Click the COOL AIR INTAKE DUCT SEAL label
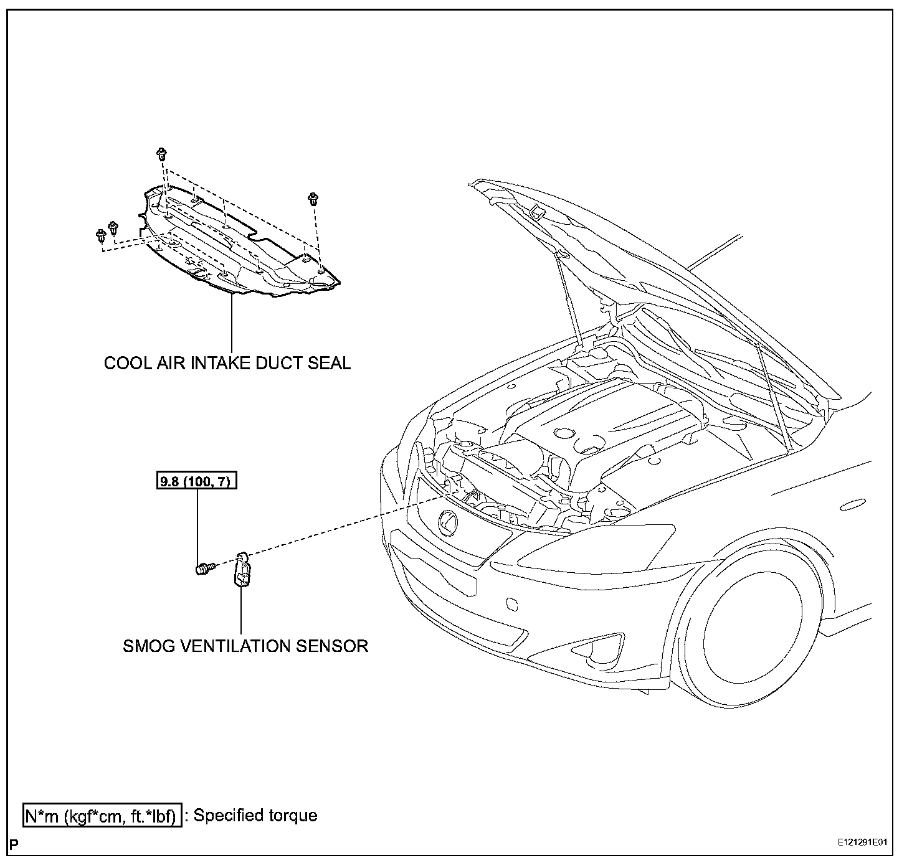227,363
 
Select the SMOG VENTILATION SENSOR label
245,646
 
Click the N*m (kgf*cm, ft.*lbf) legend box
103,816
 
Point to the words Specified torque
255,816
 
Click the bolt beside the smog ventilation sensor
204,567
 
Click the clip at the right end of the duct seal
313,199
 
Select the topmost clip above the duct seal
161,153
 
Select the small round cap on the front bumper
512,603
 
